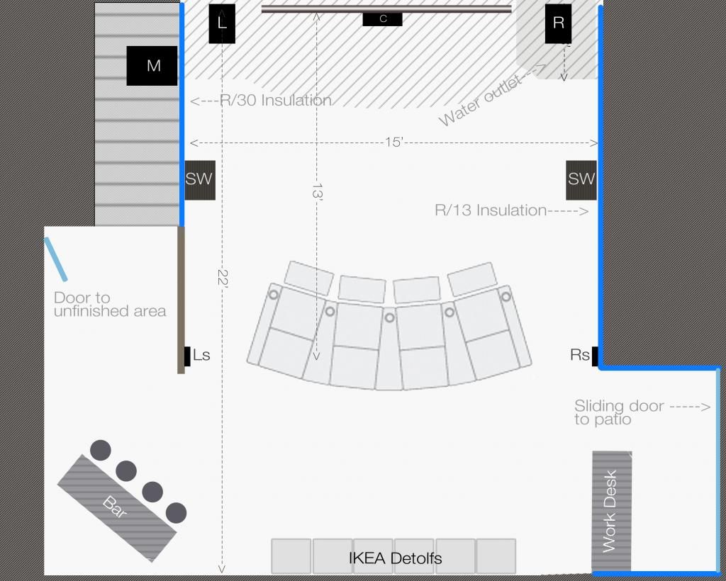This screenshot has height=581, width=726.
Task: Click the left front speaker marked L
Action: pos(222,24)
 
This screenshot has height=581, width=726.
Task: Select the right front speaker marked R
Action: pos(558,24)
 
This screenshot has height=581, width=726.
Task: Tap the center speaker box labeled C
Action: pos(382,19)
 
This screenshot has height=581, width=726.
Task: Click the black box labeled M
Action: pos(152,66)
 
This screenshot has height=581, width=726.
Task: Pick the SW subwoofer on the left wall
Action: pos(199,181)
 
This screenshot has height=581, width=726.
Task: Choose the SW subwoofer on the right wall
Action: pos(581,181)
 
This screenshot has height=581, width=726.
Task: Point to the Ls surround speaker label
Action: pos(201,355)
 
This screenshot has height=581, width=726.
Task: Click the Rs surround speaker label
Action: pos(580,355)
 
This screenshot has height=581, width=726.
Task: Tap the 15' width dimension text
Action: pos(394,142)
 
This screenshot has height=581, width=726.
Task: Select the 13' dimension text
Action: pos(317,191)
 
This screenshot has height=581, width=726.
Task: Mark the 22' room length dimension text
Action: pos(223,278)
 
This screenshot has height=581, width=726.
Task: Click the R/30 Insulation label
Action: pos(276,100)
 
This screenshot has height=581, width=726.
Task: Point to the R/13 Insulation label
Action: pos(491,210)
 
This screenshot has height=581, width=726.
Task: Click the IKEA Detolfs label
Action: pos(396,558)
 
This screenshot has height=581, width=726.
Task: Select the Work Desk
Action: pos(612,511)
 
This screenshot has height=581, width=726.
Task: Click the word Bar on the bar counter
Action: pos(115,507)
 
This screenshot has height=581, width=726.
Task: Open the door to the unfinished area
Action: pos(55,259)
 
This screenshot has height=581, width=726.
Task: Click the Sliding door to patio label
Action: pos(620,412)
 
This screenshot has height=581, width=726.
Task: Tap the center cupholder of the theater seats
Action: pos(389,318)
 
